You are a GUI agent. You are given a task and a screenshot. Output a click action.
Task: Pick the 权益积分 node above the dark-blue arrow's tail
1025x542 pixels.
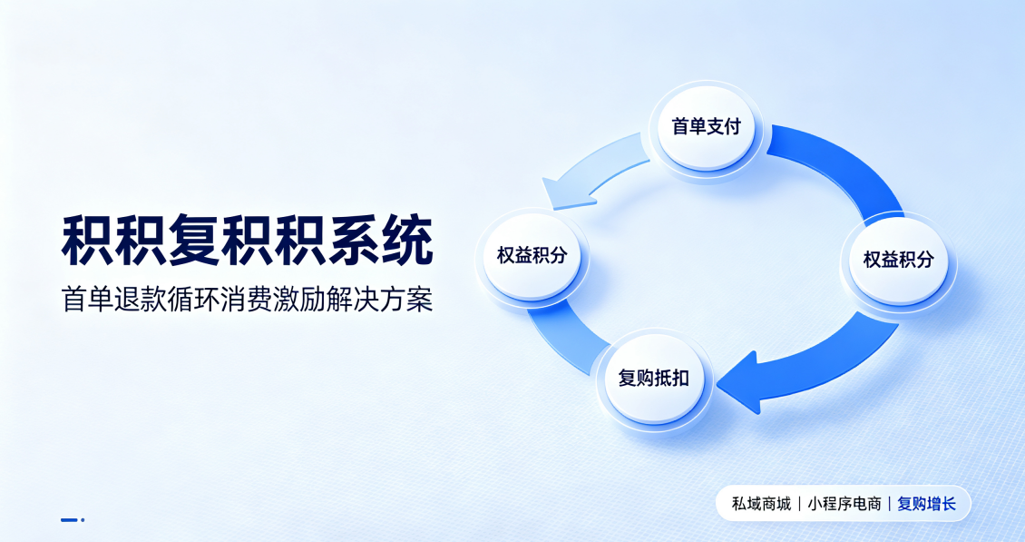coord(898,261)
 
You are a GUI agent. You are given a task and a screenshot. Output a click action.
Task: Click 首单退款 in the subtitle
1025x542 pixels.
coord(113,300)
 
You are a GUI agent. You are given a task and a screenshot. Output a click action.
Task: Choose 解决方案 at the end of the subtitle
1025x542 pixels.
coord(380,300)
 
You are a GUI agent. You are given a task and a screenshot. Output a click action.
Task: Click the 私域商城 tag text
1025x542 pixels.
coord(762,504)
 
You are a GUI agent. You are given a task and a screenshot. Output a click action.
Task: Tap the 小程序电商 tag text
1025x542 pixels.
coord(844,504)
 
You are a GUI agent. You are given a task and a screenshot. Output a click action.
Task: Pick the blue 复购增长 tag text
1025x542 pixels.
coord(927,504)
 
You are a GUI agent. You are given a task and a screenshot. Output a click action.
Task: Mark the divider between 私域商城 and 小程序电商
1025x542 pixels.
coord(799,504)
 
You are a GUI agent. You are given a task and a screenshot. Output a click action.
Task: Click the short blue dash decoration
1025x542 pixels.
coord(69,519)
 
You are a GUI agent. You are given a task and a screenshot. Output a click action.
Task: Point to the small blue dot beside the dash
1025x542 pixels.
coord(83,519)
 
